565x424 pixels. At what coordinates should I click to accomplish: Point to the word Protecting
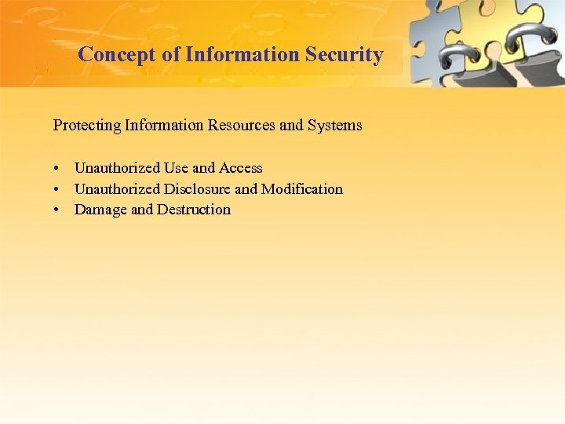click(82, 125)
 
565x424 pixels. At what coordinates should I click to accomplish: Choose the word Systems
click(336, 125)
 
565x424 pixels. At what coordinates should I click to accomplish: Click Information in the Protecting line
click(151, 125)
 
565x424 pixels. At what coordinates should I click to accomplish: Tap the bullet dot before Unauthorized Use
click(58, 168)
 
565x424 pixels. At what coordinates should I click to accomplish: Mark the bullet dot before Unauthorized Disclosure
click(58, 189)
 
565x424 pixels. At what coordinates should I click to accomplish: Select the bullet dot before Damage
click(58, 210)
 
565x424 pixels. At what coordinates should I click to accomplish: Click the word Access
click(241, 168)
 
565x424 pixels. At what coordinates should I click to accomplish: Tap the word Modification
click(302, 189)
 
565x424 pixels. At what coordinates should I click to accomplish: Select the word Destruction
click(194, 210)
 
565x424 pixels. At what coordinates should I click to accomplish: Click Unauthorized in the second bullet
click(117, 189)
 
